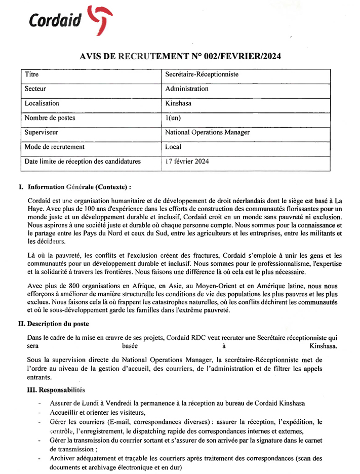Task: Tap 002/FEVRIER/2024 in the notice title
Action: pos(242,57)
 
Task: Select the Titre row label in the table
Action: pos(32,74)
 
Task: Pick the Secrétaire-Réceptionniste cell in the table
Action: pos(202,74)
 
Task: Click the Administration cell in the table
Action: pos(187,89)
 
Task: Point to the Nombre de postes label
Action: pos(50,118)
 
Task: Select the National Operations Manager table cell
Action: pos(208,133)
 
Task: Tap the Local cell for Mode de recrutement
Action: pos(173,147)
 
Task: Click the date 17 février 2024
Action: pos(187,162)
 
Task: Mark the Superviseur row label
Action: pos(42,133)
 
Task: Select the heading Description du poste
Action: pos(58,324)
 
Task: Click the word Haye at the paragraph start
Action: pos(37,209)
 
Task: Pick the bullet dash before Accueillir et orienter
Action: pos(39,413)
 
